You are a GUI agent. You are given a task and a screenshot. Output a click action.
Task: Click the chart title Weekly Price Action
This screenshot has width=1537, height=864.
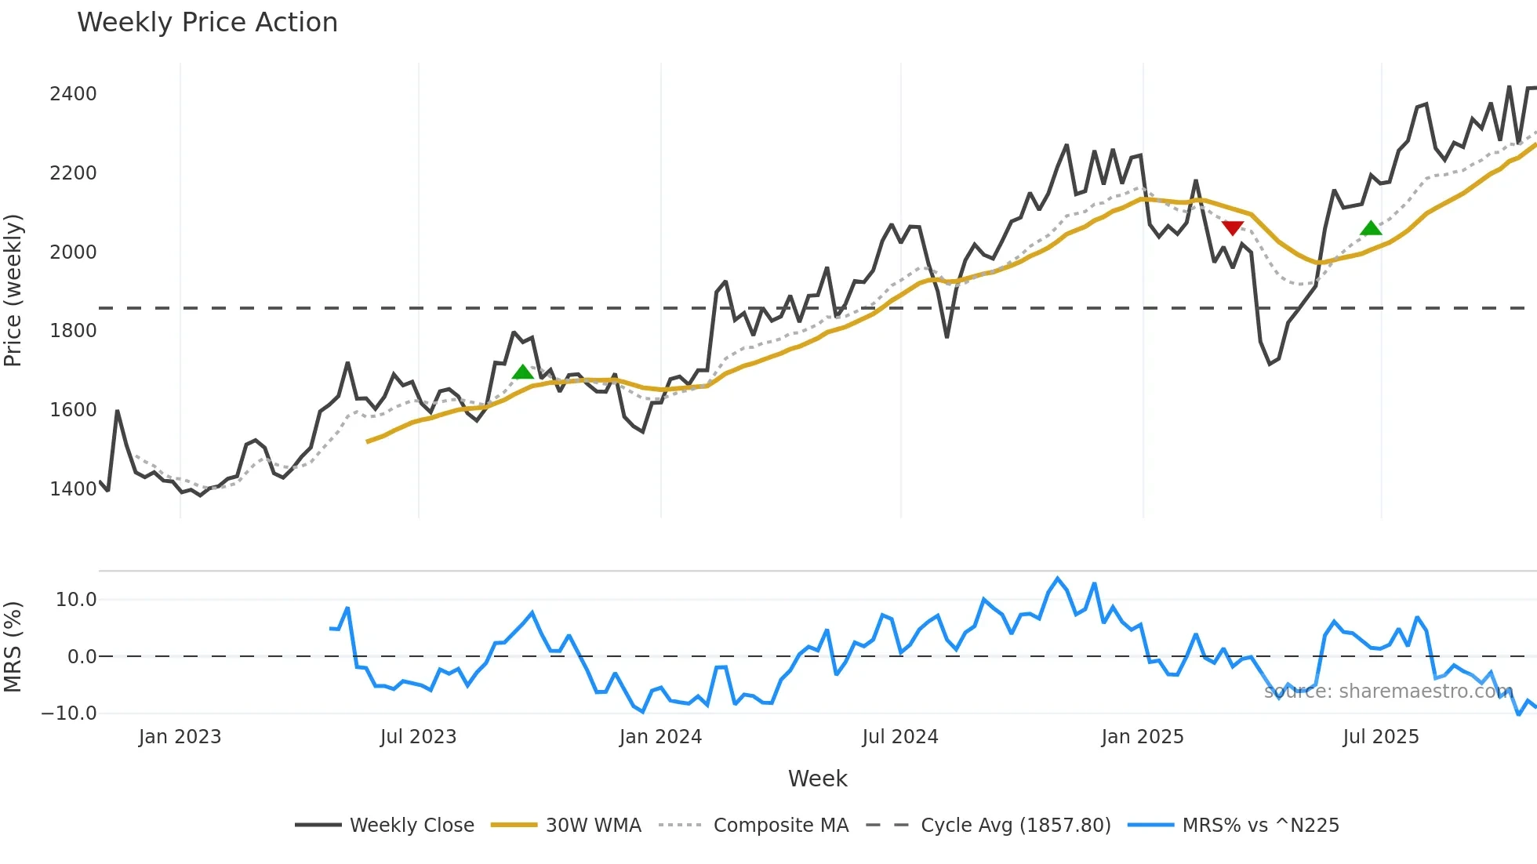[207, 23]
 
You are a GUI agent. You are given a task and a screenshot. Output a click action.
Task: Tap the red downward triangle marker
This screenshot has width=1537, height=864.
[1233, 227]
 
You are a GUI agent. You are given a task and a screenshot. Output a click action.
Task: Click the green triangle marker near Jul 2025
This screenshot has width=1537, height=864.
[1371, 228]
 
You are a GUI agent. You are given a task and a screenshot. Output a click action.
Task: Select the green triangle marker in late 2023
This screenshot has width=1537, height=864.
[523, 372]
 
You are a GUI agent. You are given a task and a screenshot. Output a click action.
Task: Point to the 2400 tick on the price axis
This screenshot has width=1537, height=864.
[73, 94]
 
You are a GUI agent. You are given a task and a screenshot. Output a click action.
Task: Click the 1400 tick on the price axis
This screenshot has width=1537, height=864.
[73, 489]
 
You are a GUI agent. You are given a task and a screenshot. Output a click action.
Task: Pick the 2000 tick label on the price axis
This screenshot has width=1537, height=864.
[73, 252]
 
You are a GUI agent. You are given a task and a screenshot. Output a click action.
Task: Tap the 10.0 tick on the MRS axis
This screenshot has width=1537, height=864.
[76, 600]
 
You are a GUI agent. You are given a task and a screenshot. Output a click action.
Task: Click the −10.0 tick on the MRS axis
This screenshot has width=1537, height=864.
[69, 713]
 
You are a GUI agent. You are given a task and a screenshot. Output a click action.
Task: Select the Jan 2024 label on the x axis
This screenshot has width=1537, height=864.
[660, 737]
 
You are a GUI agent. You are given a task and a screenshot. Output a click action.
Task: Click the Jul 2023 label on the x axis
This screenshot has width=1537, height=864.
[418, 737]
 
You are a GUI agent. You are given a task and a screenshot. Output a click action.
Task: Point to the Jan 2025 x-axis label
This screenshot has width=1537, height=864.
[1142, 737]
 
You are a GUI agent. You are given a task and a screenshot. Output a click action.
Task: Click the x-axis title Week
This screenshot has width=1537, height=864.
[817, 779]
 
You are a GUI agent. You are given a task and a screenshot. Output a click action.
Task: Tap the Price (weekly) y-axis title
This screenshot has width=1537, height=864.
[13, 290]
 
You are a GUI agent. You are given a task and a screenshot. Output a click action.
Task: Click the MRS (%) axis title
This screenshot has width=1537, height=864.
[13, 647]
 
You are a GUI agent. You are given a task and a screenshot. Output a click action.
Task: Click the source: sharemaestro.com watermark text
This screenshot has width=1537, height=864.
[1388, 692]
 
